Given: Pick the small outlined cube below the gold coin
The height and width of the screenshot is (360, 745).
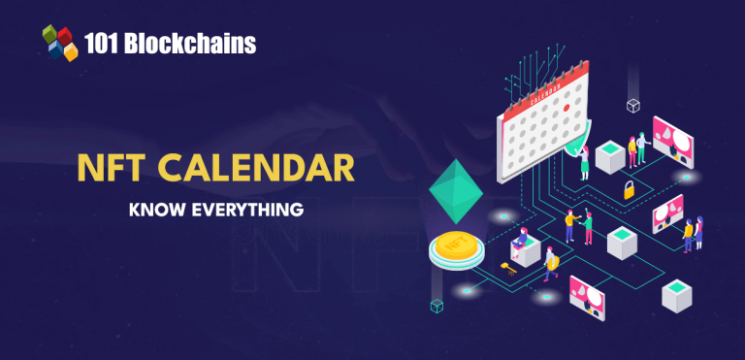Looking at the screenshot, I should pos(437,306).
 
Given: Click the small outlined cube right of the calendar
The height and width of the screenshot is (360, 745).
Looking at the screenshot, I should pos(632,105).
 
